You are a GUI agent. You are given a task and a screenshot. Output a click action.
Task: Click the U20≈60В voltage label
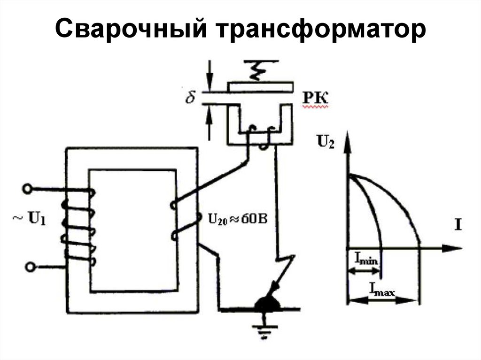(x=237, y=218)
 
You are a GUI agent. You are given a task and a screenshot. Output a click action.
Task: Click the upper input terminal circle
(x=27, y=189)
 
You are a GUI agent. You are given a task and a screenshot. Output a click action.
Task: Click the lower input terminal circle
(x=30, y=267)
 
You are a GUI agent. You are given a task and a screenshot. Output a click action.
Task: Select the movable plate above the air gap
(x=261, y=86)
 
